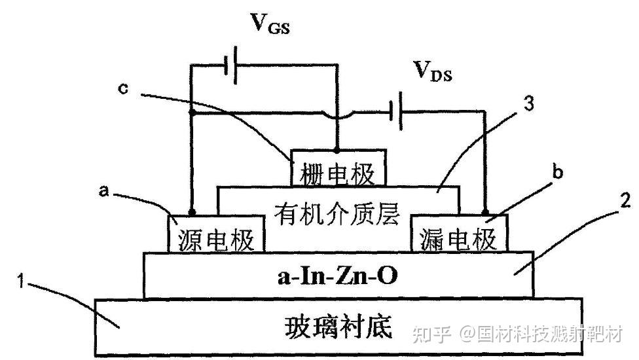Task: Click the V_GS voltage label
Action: pos(270,24)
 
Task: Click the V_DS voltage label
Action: pos(432,70)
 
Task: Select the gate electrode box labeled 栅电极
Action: pos(338,171)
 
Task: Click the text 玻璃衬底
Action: pos(338,326)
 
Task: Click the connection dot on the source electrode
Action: pos(191,213)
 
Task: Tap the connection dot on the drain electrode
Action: pos(485,213)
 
